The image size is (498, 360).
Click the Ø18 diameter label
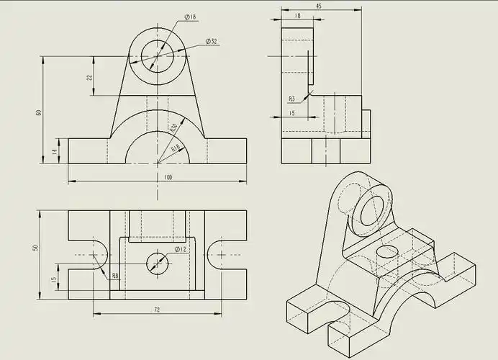[x=191, y=16]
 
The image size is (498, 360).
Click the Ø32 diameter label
[x=212, y=42]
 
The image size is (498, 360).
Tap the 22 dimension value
[x=90, y=77]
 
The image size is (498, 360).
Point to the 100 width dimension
[x=168, y=177]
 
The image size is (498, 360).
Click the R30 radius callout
[x=173, y=127]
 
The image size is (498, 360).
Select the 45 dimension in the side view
[x=318, y=6]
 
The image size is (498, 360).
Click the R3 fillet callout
[x=291, y=99]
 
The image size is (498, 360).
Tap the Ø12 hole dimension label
[x=181, y=249]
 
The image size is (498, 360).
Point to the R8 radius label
[x=115, y=275]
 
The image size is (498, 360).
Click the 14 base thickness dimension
[x=54, y=151]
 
